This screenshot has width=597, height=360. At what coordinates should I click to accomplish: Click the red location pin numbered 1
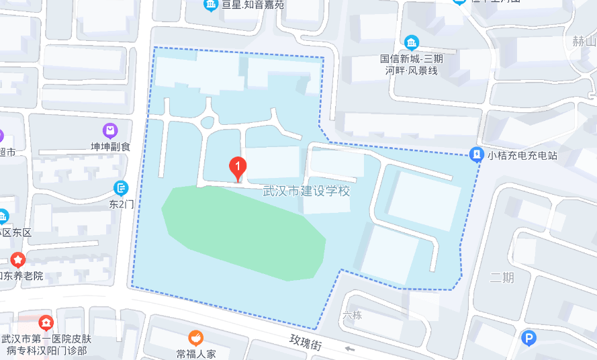coord(238,167)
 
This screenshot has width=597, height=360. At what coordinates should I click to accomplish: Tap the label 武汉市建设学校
coord(306,191)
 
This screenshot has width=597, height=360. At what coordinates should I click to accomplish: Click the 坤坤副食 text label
coord(111,146)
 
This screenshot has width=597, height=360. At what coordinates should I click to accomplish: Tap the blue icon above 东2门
coord(122,187)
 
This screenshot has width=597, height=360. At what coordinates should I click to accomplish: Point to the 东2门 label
coord(122,204)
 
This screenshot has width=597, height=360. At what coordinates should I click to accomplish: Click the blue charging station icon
coord(476,154)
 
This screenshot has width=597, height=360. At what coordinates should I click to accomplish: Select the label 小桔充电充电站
coord(523,155)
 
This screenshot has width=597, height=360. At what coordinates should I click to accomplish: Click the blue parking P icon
coord(529,339)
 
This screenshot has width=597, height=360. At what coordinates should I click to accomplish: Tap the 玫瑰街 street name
coord(307,343)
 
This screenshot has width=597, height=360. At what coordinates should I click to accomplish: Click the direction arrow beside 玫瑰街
coord(349,349)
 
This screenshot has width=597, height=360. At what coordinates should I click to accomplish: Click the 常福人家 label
coord(195,353)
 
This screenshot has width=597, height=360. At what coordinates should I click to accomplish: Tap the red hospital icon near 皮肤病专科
coord(45,323)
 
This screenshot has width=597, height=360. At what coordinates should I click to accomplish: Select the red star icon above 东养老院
coord(17,259)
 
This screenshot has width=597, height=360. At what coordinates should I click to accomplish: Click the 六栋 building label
coord(352,315)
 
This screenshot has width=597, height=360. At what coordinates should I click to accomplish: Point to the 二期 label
coord(502,277)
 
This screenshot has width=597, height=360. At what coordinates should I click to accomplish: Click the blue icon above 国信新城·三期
coord(411,44)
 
